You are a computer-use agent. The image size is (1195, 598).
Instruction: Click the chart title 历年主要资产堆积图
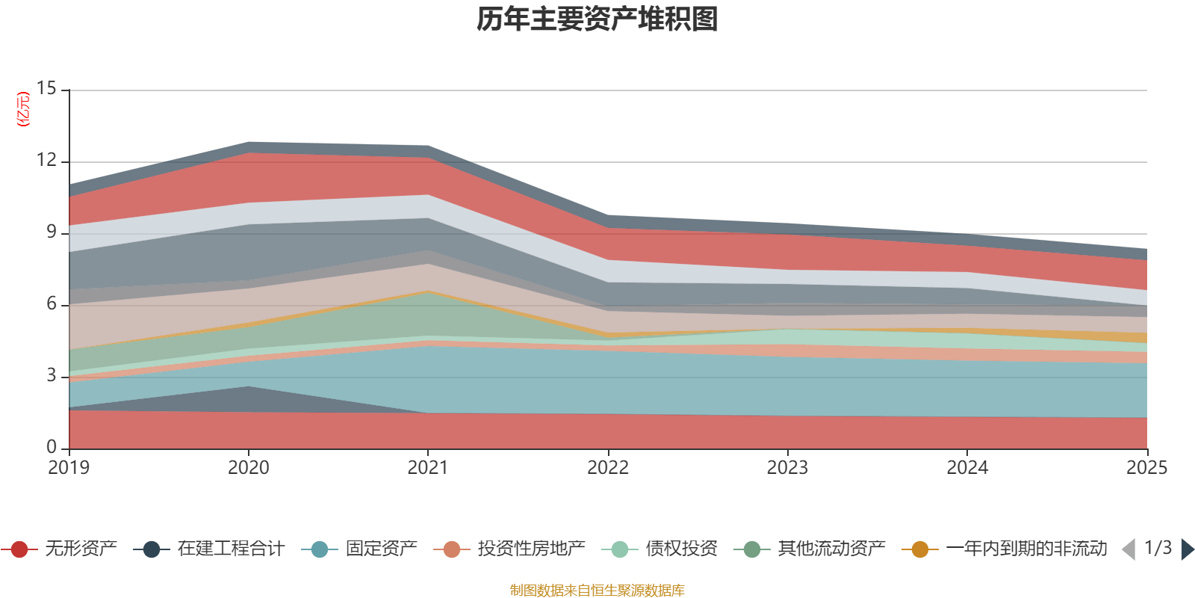click(597, 20)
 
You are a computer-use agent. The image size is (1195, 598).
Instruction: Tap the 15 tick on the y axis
click(46, 89)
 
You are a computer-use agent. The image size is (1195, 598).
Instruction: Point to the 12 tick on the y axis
click(46, 161)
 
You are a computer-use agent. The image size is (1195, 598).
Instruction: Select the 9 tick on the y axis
click(51, 232)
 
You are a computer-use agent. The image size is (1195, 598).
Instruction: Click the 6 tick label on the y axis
click(51, 304)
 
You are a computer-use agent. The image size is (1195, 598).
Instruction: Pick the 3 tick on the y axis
click(51, 376)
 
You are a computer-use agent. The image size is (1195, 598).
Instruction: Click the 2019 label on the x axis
click(69, 468)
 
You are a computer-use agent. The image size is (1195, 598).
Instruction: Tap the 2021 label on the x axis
click(428, 468)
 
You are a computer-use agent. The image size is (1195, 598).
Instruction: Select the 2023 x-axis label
click(787, 468)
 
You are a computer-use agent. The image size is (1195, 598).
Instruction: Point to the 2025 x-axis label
click(1146, 468)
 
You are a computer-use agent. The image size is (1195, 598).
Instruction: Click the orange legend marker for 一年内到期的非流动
click(920, 549)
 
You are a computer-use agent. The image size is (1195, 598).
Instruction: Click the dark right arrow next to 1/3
click(1187, 549)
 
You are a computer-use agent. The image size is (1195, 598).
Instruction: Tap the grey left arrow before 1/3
click(1129, 549)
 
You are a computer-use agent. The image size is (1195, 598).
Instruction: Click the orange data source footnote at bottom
click(597, 591)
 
